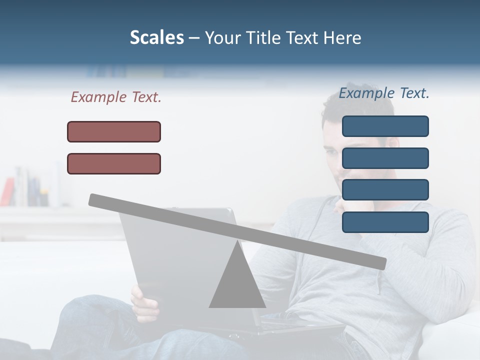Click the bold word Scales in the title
pos(156,37)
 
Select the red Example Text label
pos(116,97)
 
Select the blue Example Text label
pos(384,93)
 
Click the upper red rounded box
pos(114,131)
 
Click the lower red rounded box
pos(114,163)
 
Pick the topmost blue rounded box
pos(385,126)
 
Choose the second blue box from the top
pos(385,158)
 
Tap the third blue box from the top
pos(385,189)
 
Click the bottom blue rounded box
pos(385,222)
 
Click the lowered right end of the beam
pos(380,263)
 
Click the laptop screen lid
pos(165,260)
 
